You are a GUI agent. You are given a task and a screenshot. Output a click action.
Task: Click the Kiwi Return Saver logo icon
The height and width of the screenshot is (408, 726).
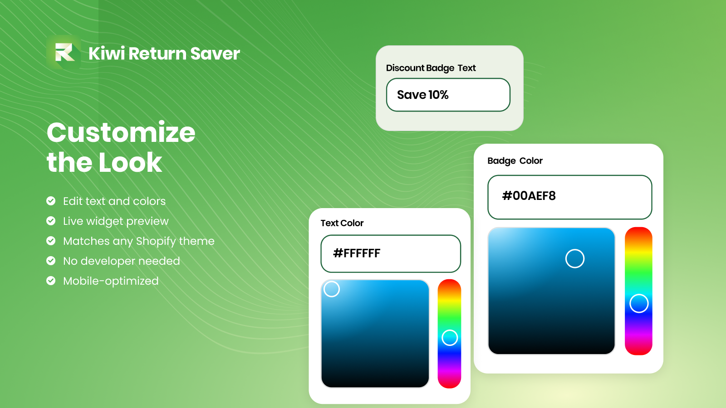point(64,52)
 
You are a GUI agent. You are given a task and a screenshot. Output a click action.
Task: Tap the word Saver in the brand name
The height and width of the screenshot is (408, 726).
point(215,53)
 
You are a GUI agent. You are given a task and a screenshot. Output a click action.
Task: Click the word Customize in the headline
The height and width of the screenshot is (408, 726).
point(121,132)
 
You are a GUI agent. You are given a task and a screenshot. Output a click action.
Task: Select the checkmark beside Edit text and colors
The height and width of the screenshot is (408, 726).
point(51,201)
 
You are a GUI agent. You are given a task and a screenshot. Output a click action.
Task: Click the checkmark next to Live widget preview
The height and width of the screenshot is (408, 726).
point(51,221)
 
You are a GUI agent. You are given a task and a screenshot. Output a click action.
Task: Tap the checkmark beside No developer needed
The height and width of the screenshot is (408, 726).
point(51,261)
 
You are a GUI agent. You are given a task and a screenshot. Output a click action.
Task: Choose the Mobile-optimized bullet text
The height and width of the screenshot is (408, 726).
point(111,281)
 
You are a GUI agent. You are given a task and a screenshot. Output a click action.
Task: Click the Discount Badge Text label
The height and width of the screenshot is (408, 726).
point(431,68)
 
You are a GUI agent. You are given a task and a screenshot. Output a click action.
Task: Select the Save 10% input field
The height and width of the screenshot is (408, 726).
point(448,95)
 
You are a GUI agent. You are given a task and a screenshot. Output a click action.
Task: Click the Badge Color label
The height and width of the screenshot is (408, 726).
point(515,161)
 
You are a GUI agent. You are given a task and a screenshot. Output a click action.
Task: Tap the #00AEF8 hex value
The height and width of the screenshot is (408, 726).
point(529,196)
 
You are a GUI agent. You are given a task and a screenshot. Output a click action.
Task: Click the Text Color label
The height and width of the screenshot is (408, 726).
point(342,223)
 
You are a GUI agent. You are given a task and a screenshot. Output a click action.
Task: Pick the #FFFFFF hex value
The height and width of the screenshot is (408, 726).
point(357,253)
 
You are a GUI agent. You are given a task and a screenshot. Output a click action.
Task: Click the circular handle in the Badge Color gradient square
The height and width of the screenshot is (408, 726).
point(575,258)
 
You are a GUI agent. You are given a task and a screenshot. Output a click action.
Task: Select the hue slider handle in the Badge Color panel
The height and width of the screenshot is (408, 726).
point(639,303)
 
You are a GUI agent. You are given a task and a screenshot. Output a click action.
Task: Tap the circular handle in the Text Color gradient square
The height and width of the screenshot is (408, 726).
point(332,289)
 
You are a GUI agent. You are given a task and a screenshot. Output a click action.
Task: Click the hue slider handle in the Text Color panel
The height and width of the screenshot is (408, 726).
point(450,337)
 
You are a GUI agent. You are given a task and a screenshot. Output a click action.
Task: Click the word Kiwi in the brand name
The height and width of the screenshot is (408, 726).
point(107,53)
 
